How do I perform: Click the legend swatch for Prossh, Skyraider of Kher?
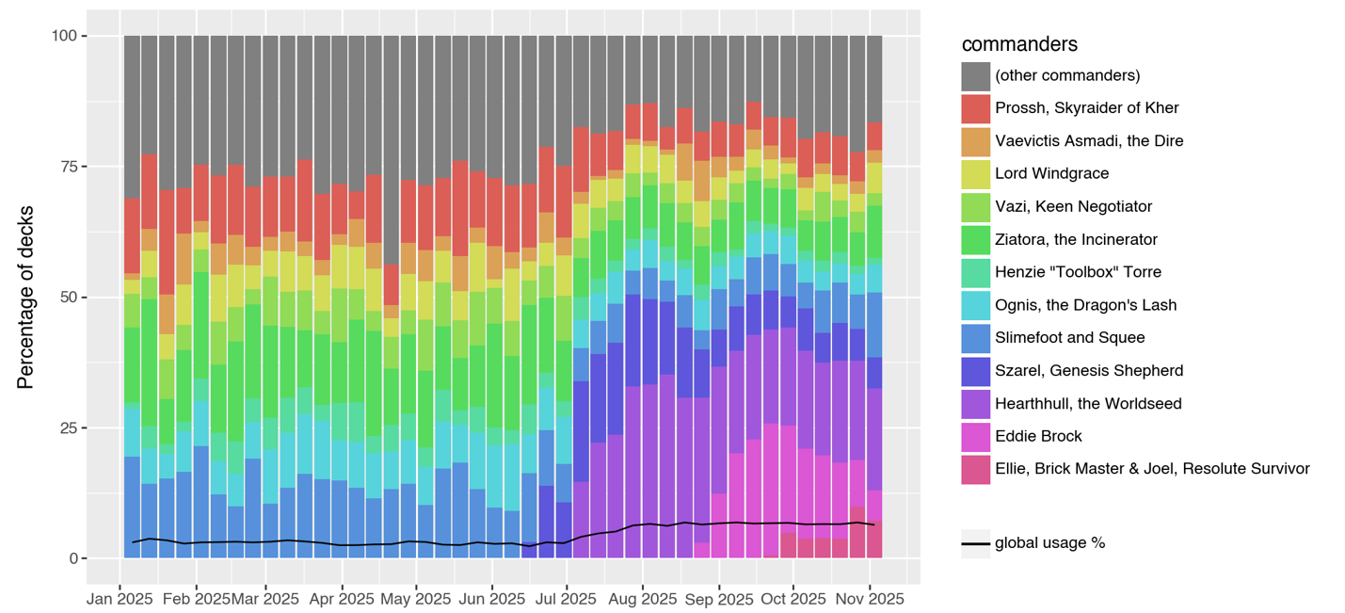(975, 108)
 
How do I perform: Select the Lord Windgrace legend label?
(1051, 174)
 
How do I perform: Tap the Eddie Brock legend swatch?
(975, 436)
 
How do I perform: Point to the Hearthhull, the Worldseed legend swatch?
(975, 403)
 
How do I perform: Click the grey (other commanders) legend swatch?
(975, 75)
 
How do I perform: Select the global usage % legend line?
(975, 543)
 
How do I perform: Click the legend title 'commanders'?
(1019, 45)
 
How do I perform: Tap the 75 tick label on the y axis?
(71, 167)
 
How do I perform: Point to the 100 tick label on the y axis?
(67, 36)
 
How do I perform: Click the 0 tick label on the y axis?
(75, 558)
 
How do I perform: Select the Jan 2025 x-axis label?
(120, 599)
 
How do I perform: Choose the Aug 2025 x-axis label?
(642, 599)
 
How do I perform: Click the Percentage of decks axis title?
(26, 297)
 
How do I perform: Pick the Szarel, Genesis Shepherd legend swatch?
(975, 370)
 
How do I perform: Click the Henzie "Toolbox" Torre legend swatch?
(975, 272)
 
